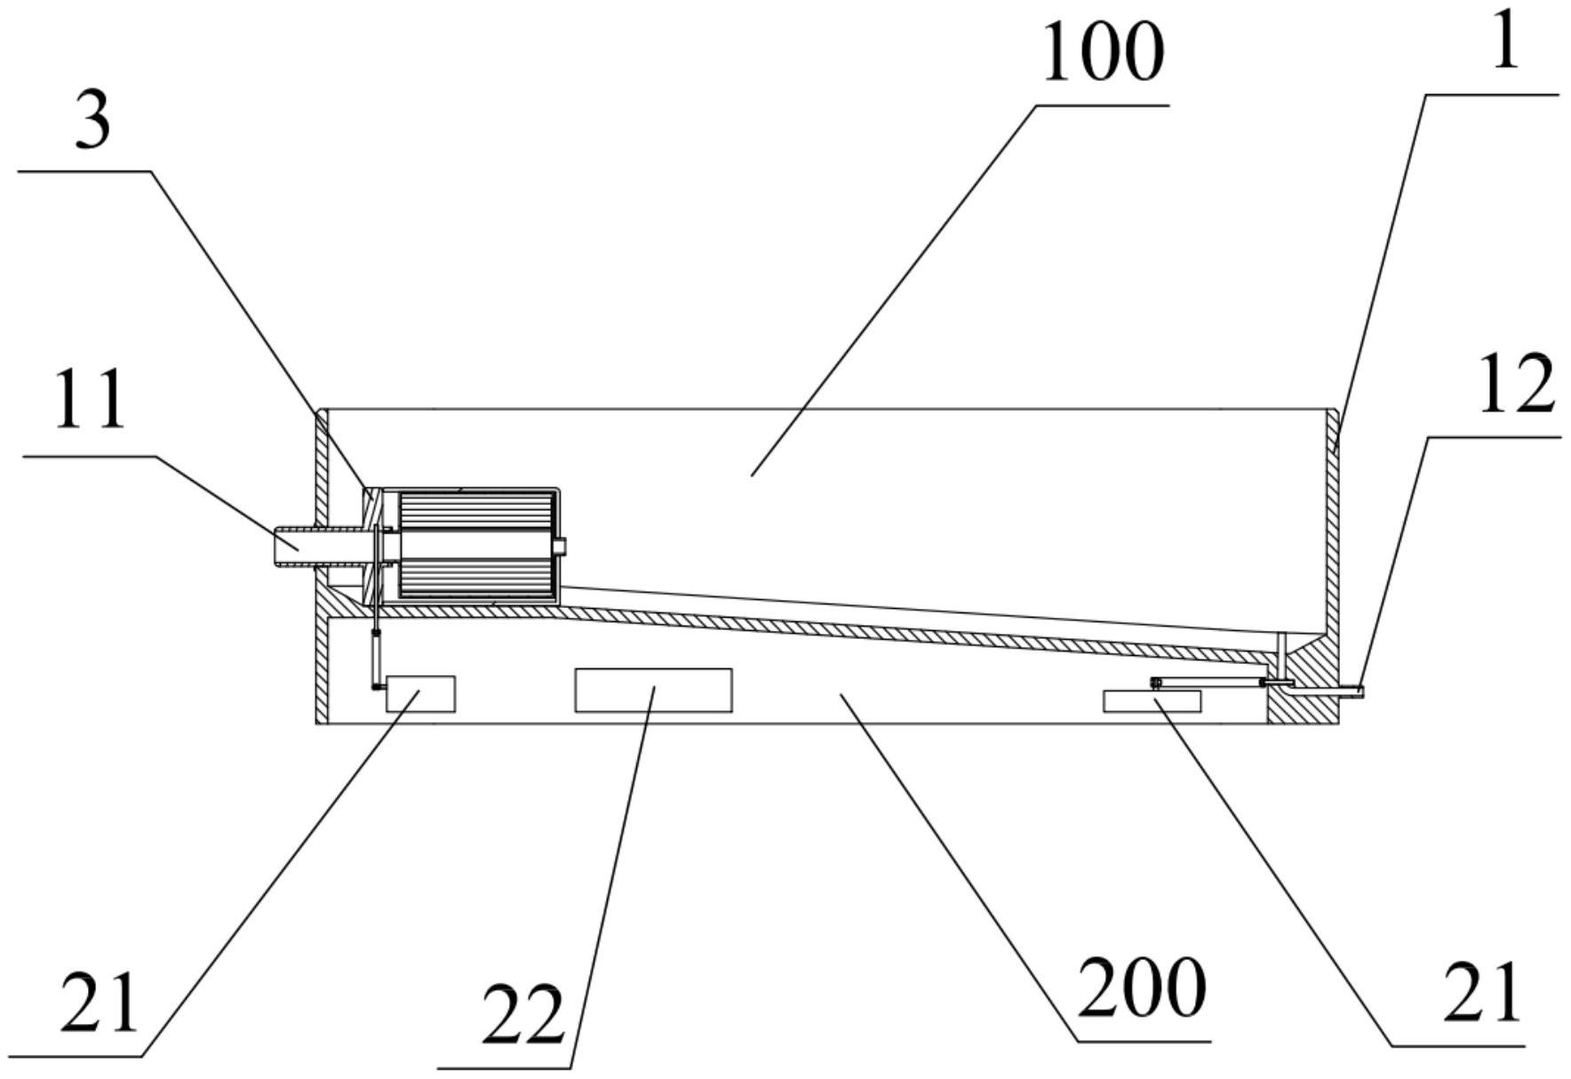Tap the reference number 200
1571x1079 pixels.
pos(1141,988)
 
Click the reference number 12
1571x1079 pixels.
pos(1516,384)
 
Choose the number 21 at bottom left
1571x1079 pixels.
pos(100,1002)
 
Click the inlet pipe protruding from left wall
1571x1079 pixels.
pos(298,546)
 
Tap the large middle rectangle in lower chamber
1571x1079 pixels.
pos(653,691)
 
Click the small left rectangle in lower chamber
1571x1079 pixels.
pos(420,693)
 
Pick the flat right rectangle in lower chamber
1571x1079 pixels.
pos(1152,701)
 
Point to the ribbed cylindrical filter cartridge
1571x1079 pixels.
pos(478,544)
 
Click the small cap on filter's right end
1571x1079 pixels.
pos(560,546)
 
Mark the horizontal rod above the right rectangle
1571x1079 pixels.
pos(1208,682)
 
